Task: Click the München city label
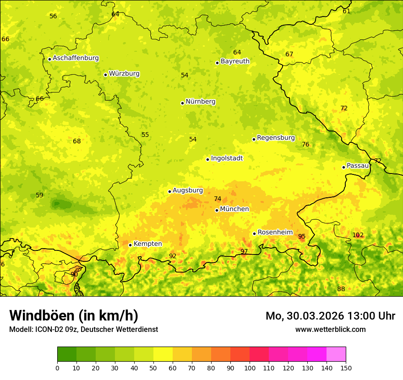pyautogui.click(x=234, y=209)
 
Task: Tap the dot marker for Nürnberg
pyautogui.click(x=182, y=103)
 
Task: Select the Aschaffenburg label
pyautogui.click(x=76, y=58)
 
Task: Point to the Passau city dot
pyautogui.click(x=343, y=167)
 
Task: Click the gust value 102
pyautogui.click(x=358, y=235)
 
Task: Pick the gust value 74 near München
pyautogui.click(x=218, y=199)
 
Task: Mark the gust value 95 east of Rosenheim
pyautogui.click(x=302, y=237)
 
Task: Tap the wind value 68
pyautogui.click(x=77, y=141)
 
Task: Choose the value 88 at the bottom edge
pyautogui.click(x=341, y=289)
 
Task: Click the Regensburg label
pyautogui.click(x=276, y=138)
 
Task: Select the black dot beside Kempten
pyautogui.click(x=130, y=245)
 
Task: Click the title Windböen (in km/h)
pyautogui.click(x=74, y=315)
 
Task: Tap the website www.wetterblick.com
pyautogui.click(x=331, y=329)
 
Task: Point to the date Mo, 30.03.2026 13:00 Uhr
pyautogui.click(x=330, y=316)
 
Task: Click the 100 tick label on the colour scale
pyautogui.click(x=250, y=367)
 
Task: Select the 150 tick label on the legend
pyautogui.click(x=346, y=367)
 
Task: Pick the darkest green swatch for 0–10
pyautogui.click(x=67, y=354)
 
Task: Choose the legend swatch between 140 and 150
pyautogui.click(x=336, y=354)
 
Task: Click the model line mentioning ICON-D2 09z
pyautogui.click(x=83, y=329)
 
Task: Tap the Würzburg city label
pyautogui.click(x=124, y=74)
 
